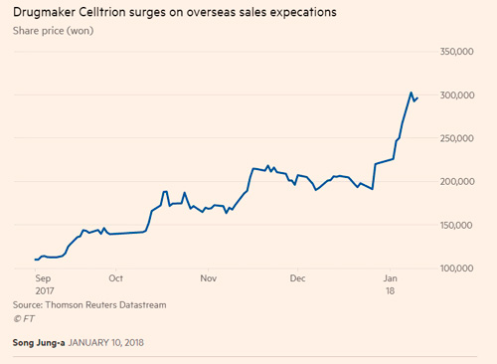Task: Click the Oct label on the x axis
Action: (115, 279)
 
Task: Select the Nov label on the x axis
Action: (206, 279)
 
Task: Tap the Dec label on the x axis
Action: (295, 279)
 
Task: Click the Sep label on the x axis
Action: (44, 279)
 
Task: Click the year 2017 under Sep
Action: (46, 291)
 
